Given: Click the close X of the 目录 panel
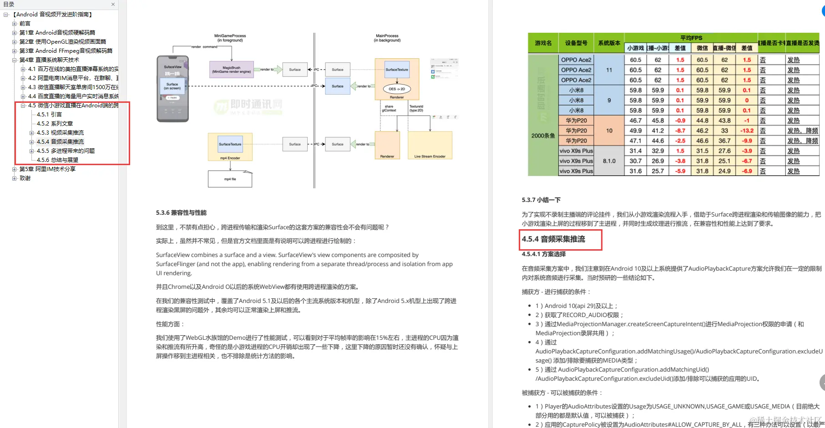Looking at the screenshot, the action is click(113, 5).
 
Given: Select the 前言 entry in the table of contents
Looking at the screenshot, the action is click(25, 24).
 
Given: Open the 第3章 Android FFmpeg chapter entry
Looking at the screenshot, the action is click(66, 51).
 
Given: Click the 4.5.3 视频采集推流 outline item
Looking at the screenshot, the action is click(60, 133).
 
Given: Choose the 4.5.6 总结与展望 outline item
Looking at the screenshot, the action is click(57, 160).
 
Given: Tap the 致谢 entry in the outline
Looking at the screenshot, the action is click(25, 178).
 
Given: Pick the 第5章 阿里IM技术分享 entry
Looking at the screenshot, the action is click(47, 169).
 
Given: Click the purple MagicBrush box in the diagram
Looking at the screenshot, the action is click(231, 70).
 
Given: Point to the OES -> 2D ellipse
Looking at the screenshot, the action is click(397, 89).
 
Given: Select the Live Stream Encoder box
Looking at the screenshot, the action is click(430, 146).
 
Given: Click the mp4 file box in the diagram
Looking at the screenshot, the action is click(230, 179).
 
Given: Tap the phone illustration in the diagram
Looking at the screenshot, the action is click(172, 89).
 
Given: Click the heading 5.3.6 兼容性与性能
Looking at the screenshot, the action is click(181, 213).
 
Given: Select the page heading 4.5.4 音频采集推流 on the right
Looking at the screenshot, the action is click(553, 239).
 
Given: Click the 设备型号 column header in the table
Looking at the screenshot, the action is click(576, 43).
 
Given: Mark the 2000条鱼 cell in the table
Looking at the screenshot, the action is click(543, 136).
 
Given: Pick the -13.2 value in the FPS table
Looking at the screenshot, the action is click(747, 131).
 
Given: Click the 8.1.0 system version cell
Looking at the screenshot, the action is click(609, 161).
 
